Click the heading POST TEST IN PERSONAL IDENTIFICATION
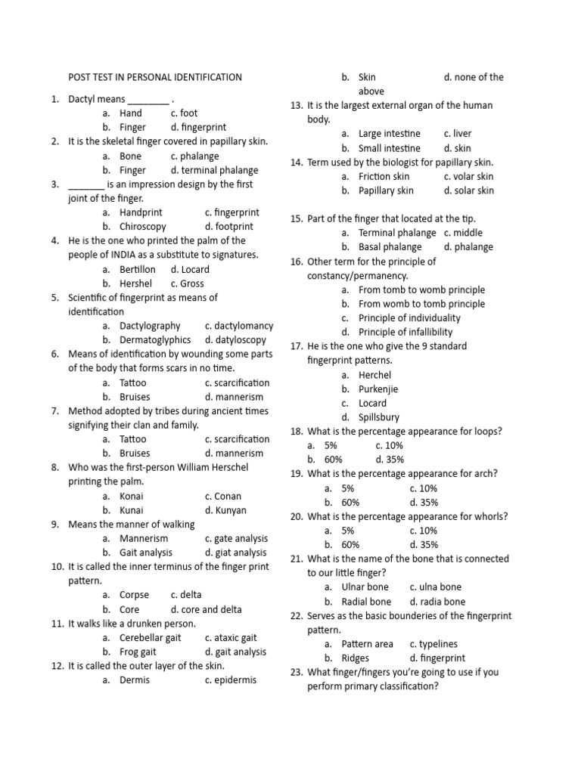155,77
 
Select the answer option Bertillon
138,269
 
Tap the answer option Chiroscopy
142,226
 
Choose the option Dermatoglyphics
155,340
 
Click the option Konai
132,497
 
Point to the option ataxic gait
235,638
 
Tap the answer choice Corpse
135,595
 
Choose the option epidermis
235,680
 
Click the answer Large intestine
390,134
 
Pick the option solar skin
474,190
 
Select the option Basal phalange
390,247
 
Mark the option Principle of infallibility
405,332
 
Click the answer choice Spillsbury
379,417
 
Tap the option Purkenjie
378,389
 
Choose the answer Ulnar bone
365,587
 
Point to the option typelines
439,644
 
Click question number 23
297,673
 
